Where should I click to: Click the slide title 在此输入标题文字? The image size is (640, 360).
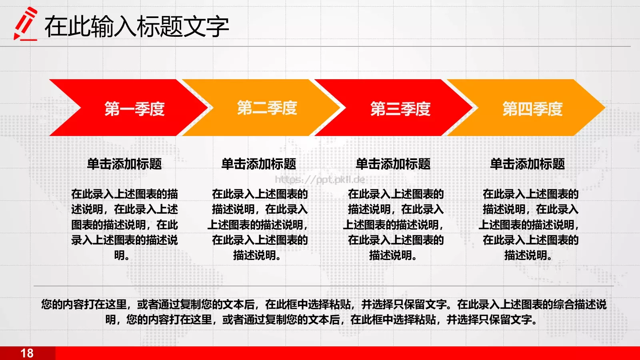point(136,27)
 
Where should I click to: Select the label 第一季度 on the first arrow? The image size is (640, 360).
point(134,109)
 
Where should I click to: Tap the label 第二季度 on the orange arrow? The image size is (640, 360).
point(267,108)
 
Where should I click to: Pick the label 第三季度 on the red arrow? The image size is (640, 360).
point(400,109)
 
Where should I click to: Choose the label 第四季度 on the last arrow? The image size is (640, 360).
point(532,109)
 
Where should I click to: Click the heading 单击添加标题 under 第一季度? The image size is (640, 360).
point(124,164)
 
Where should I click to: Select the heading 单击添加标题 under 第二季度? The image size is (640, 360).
point(259,164)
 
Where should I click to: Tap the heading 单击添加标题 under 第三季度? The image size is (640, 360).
point(393,164)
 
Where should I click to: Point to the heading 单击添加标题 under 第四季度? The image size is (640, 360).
point(528,164)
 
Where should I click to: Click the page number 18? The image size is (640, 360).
point(27,353)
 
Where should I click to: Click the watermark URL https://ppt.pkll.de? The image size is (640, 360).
point(320,180)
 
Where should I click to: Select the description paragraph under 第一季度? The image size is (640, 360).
point(124,224)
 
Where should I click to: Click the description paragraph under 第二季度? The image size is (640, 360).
point(259,224)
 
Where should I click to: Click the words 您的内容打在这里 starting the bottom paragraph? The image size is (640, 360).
point(84,304)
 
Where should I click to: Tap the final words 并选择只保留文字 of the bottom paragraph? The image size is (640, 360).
point(489,320)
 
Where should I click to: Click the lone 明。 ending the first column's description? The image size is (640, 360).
point(122,255)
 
